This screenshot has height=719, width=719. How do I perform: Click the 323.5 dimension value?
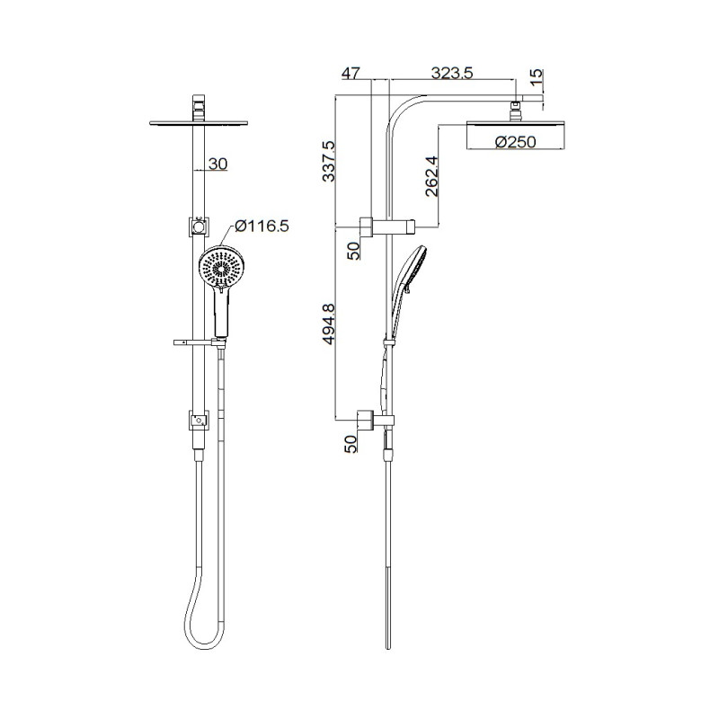point(452,73)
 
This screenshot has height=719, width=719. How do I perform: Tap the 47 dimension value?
point(351,73)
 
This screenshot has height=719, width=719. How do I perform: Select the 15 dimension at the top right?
point(536,77)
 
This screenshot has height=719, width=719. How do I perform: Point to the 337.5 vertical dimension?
point(329,162)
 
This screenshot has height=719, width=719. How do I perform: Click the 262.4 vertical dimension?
point(431,176)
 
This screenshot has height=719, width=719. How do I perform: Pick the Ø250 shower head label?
point(515,142)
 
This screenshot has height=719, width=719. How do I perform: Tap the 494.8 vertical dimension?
point(329,324)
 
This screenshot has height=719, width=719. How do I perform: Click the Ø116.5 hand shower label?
point(262,226)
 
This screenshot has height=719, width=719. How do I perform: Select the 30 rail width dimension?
point(217,164)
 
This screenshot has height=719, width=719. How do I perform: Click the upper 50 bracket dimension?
point(353,251)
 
